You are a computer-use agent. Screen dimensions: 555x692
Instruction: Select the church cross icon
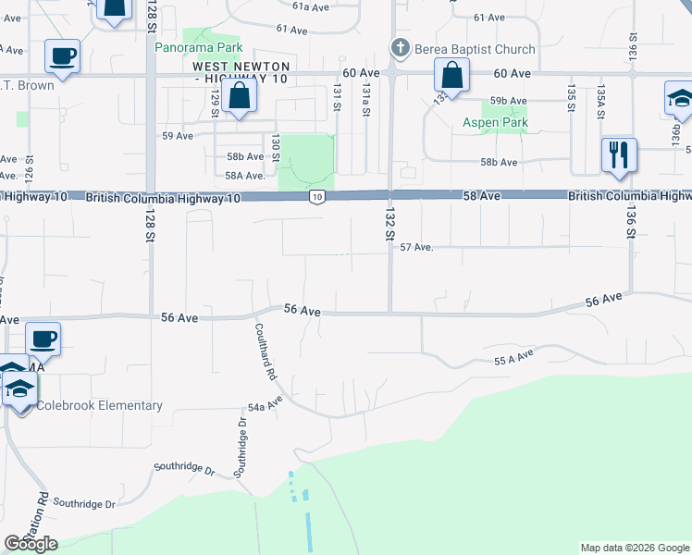coord(401,48)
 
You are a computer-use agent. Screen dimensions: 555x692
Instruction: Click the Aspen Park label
coord(495,123)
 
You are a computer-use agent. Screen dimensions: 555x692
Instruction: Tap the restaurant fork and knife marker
coord(618,154)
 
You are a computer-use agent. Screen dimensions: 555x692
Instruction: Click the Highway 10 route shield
coord(317,197)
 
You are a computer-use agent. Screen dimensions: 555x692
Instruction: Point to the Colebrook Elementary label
coord(100,405)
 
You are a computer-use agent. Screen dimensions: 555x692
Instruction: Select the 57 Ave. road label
coord(416,247)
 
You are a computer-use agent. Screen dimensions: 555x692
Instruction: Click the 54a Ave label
coord(264,407)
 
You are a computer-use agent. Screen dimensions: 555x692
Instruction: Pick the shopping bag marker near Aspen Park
coord(452,76)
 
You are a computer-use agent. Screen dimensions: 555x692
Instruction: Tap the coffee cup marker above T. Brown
coord(62,56)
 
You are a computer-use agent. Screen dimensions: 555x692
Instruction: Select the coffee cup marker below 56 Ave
coord(43,339)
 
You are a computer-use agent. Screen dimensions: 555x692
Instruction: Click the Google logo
coord(31,544)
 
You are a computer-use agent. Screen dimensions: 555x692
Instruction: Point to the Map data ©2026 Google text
coord(635,548)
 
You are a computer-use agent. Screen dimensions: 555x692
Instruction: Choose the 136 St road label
coord(631,226)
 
